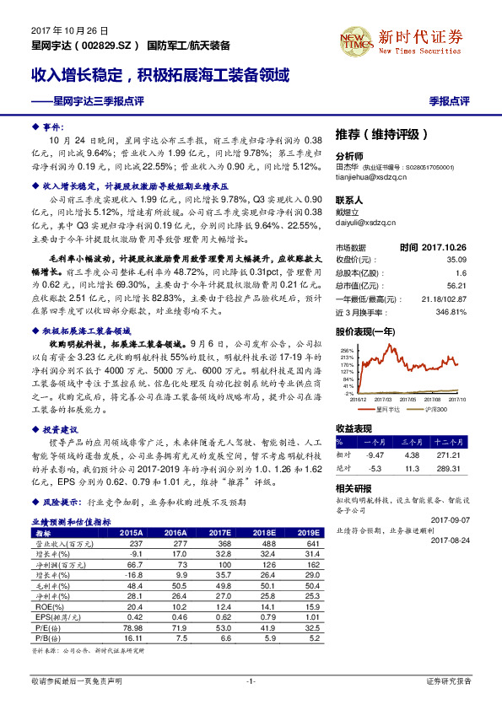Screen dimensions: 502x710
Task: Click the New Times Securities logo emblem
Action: pyautogui.click(x=354, y=39)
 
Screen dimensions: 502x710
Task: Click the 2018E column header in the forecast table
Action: pyautogui.click(x=262, y=533)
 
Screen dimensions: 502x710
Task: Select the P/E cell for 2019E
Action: pyautogui.click(x=306, y=628)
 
